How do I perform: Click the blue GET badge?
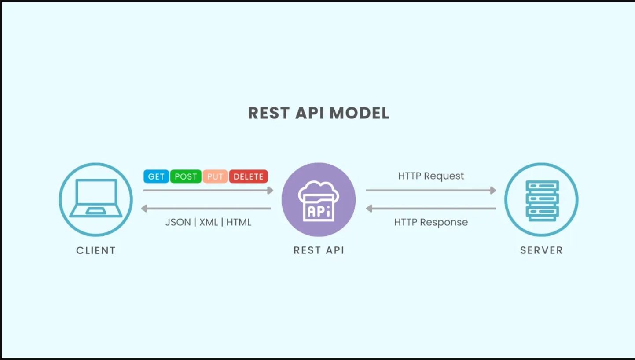[x=156, y=176]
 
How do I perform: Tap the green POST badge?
[x=186, y=176]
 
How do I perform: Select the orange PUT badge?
[x=215, y=176]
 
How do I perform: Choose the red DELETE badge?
[x=248, y=176]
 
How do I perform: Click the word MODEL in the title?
[x=360, y=113]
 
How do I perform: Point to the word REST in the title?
[x=269, y=113]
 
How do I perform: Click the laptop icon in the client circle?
[x=96, y=198]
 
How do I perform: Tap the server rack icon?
[x=542, y=200]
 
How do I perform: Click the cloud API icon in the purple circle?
[x=319, y=201]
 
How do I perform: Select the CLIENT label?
[x=96, y=250]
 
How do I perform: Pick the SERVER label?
[x=541, y=250]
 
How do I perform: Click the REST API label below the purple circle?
[x=319, y=250]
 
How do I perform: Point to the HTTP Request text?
[x=431, y=176]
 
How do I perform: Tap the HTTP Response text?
[x=431, y=222]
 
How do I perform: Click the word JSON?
[x=178, y=222]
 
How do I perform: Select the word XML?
[x=209, y=222]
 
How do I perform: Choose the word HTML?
[x=239, y=222]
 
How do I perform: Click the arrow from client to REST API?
[x=208, y=190]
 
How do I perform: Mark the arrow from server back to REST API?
[x=431, y=209]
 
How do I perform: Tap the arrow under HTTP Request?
[x=431, y=190]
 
